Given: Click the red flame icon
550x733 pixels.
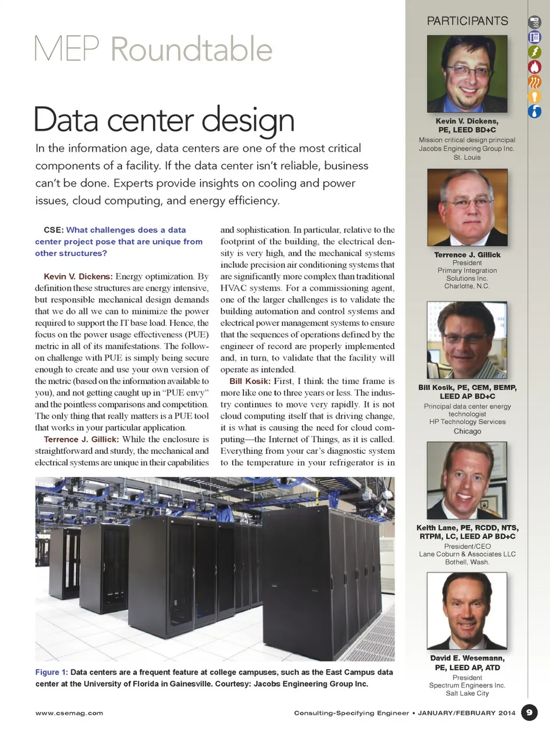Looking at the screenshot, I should click(x=535, y=67).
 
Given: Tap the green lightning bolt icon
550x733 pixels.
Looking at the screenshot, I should click(x=535, y=52).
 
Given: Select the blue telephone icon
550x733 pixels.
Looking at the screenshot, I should click(x=535, y=37).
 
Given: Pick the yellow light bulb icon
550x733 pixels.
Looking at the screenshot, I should click(x=535, y=96).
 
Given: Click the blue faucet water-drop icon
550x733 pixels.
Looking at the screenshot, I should click(x=535, y=111).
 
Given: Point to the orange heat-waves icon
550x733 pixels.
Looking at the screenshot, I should click(x=535, y=82).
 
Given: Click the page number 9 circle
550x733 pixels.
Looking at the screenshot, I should click(x=529, y=712).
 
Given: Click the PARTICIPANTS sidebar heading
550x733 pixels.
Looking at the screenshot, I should click(x=467, y=21).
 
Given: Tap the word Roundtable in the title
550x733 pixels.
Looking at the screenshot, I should click(x=191, y=49).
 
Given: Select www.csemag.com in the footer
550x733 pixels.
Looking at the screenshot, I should click(x=69, y=713).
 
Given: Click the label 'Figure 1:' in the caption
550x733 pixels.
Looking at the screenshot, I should click(x=52, y=672).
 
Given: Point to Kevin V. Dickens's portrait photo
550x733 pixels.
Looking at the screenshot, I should click(x=467, y=74).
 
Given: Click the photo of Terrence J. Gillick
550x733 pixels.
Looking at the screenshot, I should click(x=467, y=207).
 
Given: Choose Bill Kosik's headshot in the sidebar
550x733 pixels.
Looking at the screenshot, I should click(x=467, y=340).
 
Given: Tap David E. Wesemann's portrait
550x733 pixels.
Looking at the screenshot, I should click(x=467, y=610).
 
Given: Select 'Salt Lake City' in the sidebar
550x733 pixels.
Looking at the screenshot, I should click(x=467, y=693).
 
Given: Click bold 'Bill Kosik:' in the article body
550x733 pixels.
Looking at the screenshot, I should click(x=250, y=381).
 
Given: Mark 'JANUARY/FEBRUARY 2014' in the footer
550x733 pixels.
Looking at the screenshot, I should click(x=466, y=713).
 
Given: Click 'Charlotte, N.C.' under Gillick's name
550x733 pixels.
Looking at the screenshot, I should click(x=467, y=286).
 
